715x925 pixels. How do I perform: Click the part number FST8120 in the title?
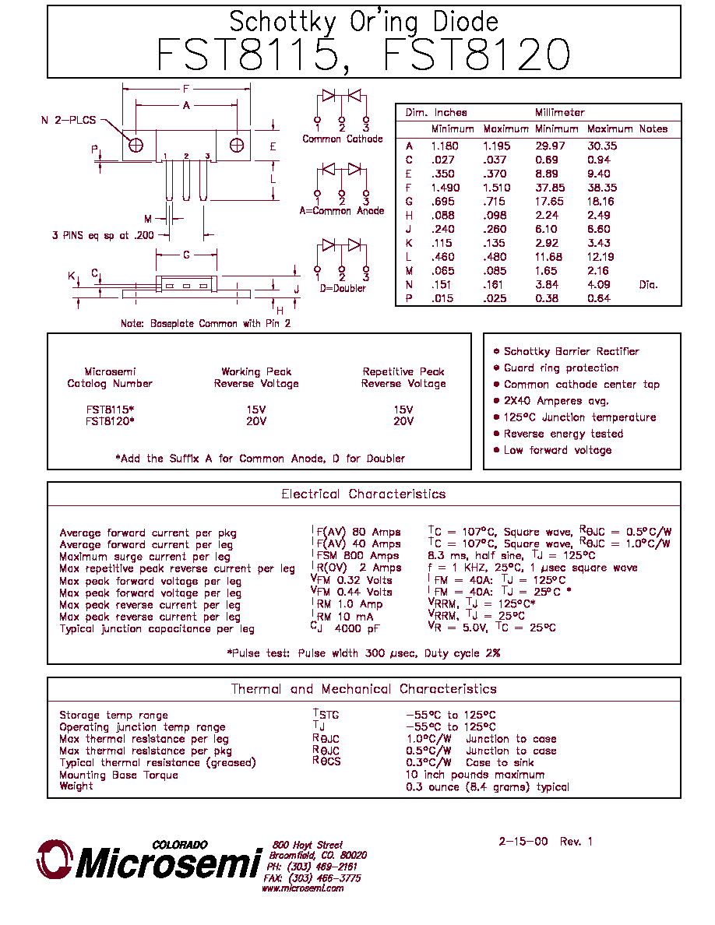tap(477, 55)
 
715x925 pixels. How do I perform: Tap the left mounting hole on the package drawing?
tap(136, 145)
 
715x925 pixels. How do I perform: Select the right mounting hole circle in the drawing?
tap(237, 145)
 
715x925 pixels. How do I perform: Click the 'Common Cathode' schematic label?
tap(342, 139)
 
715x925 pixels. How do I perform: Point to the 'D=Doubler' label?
tap(343, 288)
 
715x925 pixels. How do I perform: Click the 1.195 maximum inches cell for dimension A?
tap(497, 146)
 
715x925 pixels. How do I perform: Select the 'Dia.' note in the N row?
tap(648, 284)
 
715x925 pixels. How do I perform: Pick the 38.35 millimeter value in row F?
tap(602, 188)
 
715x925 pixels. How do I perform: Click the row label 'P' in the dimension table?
tap(409, 298)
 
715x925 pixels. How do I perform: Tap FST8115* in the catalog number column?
tap(111, 410)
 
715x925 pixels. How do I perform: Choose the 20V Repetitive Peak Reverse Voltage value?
tap(403, 421)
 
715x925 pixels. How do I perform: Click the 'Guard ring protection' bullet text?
tap(561, 368)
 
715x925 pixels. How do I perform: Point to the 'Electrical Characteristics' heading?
tap(364, 494)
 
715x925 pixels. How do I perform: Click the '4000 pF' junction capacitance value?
tap(357, 629)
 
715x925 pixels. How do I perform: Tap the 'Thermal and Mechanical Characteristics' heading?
tap(364, 689)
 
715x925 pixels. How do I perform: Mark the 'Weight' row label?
tap(76, 786)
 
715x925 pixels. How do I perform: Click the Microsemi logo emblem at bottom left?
tap(55, 859)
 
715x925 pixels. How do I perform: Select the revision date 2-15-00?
tap(523, 841)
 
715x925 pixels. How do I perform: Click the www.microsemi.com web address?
tap(303, 888)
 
